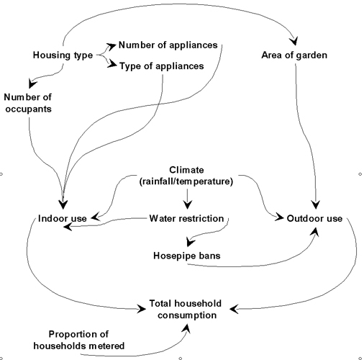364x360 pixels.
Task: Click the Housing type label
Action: (x=63, y=55)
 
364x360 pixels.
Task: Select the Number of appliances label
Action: (x=168, y=45)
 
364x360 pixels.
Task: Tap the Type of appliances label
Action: (x=162, y=66)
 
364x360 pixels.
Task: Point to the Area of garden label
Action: (x=294, y=55)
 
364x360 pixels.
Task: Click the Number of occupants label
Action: (x=28, y=103)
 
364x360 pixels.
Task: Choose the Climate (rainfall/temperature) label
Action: (x=186, y=176)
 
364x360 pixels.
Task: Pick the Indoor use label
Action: (x=63, y=218)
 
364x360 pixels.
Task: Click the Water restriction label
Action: (x=186, y=218)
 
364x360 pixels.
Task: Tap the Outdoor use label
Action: (x=314, y=218)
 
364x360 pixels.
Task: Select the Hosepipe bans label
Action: (x=187, y=256)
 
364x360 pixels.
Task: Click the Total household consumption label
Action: (x=186, y=309)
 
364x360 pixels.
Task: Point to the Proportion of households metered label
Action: (x=79, y=340)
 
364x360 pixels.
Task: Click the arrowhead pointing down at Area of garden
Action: (x=294, y=41)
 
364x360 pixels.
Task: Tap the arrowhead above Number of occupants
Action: (x=32, y=84)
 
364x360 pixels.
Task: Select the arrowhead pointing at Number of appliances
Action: (x=112, y=46)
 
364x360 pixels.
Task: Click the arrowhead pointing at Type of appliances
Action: (x=112, y=64)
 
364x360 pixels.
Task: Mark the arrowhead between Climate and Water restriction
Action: (x=188, y=204)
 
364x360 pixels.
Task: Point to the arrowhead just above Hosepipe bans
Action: (x=191, y=242)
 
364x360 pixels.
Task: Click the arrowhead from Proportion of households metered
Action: (x=186, y=328)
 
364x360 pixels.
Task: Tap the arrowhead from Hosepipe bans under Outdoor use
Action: (x=314, y=232)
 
